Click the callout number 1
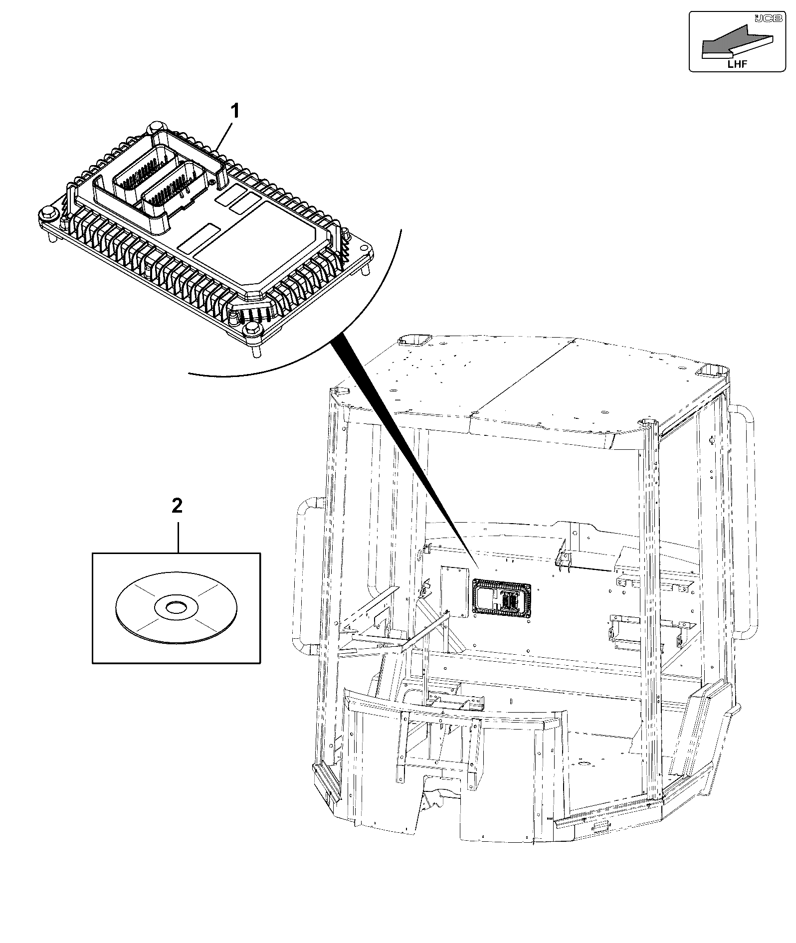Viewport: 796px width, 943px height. tap(234, 111)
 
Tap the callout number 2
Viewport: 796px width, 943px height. tap(177, 506)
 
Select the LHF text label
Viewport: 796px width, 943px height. tap(738, 63)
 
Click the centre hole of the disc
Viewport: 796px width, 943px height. tap(176, 607)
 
